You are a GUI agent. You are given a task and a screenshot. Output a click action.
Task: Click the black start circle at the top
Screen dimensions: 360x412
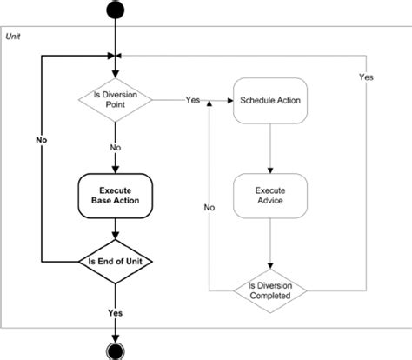115,10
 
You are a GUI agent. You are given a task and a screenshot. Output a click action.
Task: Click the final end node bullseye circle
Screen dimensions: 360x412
115,350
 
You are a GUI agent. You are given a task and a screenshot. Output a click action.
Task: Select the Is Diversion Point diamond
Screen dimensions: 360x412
115,100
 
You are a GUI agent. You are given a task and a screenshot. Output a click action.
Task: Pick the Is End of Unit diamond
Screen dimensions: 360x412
115,261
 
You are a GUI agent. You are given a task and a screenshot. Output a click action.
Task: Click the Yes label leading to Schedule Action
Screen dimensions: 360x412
193,100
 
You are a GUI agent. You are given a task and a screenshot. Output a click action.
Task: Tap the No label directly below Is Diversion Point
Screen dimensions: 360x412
115,148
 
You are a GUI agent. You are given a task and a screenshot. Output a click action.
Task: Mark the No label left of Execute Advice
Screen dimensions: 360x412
209,209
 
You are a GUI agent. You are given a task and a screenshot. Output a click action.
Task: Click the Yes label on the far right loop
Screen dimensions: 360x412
366,78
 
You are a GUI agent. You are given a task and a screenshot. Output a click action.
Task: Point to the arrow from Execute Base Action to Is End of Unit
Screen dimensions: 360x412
115,229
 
